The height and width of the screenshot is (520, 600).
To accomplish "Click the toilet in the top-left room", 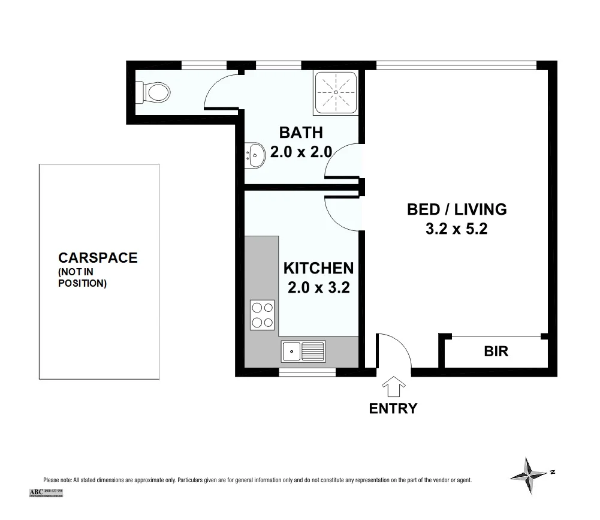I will click(155, 92).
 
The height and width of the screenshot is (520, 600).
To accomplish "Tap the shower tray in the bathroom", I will click(336, 92).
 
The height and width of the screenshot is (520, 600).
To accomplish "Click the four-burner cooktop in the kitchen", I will click(262, 315).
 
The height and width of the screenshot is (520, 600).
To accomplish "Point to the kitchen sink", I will click(303, 350).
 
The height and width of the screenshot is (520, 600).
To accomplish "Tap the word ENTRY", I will click(393, 409).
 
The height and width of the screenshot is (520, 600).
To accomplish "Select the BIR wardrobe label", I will click(496, 351).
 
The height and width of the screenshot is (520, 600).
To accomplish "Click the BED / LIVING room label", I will click(457, 209).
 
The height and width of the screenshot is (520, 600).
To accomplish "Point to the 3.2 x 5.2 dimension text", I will click(457, 229).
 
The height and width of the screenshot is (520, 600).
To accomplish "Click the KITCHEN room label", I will click(318, 267).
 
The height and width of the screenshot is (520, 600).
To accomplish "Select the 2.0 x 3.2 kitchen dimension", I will click(318, 287).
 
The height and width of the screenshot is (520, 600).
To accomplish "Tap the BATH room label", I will click(301, 133).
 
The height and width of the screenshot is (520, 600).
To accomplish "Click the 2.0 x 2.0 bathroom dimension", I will click(301, 152).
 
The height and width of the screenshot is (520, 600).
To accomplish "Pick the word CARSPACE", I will click(98, 258).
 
